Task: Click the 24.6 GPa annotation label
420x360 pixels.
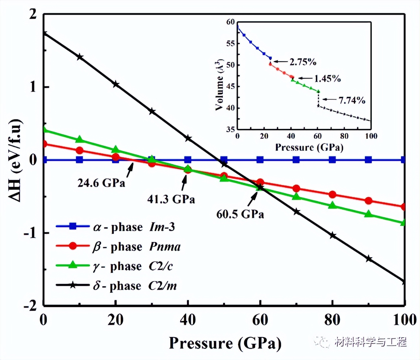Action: tap(101, 183)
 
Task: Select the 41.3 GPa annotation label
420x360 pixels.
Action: tap(171, 199)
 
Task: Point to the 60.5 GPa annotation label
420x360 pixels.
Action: tap(240, 214)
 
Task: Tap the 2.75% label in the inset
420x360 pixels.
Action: tap(303, 62)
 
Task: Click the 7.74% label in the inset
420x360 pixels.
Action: tap(352, 100)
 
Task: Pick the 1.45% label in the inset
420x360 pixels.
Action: tap(327, 78)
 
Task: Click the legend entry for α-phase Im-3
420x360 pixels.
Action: tap(116, 227)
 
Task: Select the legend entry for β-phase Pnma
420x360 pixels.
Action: tap(118, 247)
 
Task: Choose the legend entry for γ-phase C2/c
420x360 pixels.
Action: tap(115, 266)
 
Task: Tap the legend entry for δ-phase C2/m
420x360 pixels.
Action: tap(116, 286)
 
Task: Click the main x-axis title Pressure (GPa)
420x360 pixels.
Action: tap(225, 343)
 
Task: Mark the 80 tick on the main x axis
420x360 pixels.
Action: tap(332, 320)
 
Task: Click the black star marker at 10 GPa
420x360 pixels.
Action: tap(80, 57)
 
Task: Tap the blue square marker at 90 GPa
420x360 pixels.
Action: tap(368, 160)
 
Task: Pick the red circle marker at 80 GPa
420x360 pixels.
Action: tap(332, 195)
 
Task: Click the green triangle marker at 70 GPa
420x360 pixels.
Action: tap(296, 197)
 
